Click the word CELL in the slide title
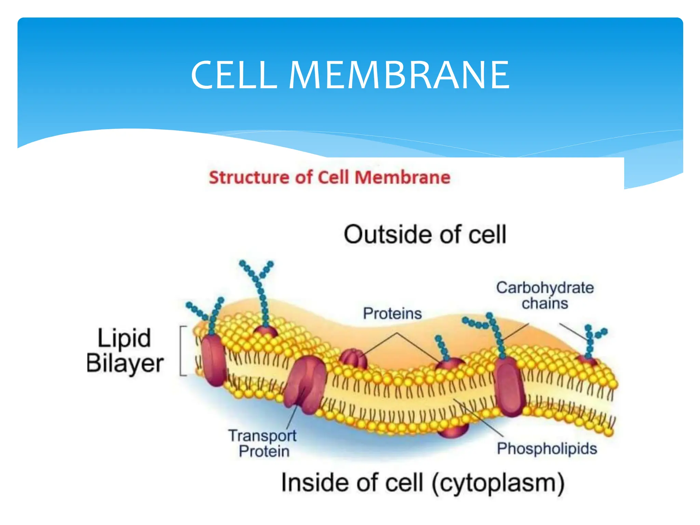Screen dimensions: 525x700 pyautogui.click(x=234, y=75)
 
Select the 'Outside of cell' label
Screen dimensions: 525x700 pyautogui.click(x=425, y=235)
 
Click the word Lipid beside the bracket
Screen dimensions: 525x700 pyautogui.click(x=124, y=338)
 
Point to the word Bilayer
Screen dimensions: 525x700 pyautogui.click(x=125, y=363)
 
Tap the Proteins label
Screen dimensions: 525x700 pyautogui.click(x=392, y=313)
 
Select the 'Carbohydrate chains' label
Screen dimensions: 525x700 pyautogui.click(x=545, y=295)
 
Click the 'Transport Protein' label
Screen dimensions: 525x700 pyautogui.click(x=262, y=443)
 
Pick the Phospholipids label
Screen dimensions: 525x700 pyautogui.click(x=547, y=448)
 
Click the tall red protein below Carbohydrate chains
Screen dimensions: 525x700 pyautogui.click(x=510, y=386)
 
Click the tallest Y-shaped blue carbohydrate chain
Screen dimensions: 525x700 pyautogui.click(x=261, y=291)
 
